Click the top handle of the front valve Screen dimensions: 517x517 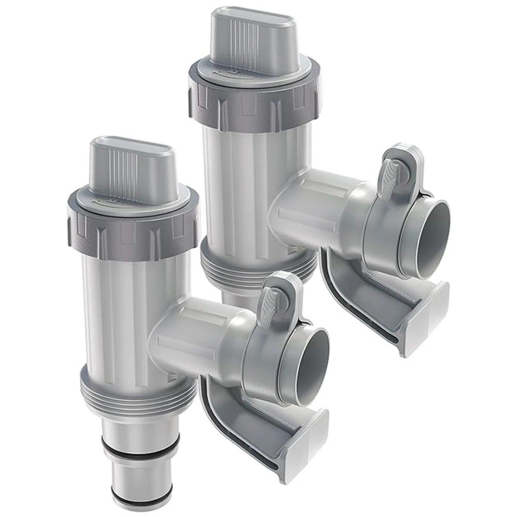131,168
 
